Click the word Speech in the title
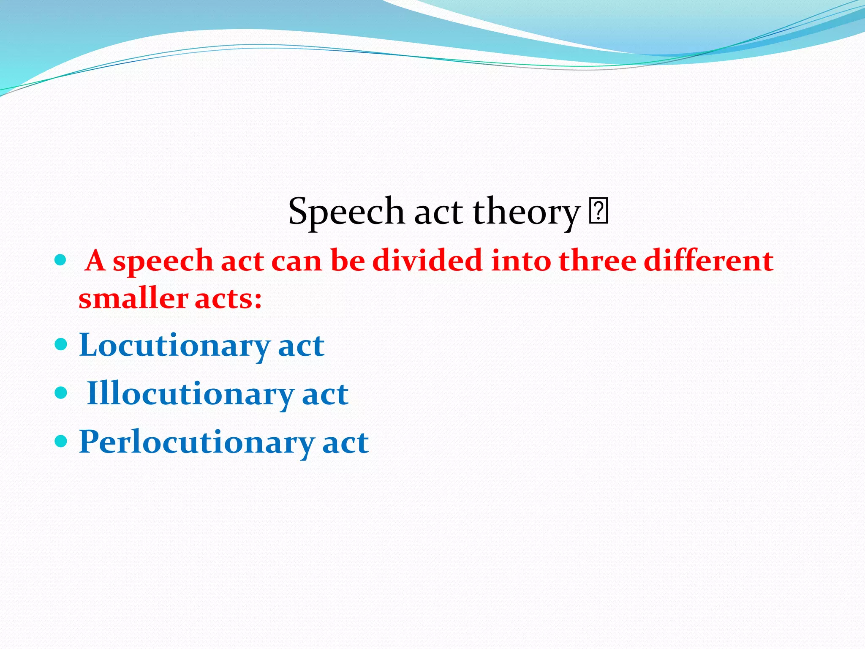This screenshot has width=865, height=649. [x=346, y=212]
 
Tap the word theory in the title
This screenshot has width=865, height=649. [x=526, y=212]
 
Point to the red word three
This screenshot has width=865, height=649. [x=597, y=260]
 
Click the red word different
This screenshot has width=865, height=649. [x=708, y=260]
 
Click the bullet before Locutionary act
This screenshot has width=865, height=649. [x=61, y=344]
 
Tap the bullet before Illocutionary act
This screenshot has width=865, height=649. [x=61, y=393]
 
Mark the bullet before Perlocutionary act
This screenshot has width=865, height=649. [x=61, y=442]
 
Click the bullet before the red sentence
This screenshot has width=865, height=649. [x=61, y=260]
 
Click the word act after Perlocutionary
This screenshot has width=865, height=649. [x=345, y=443]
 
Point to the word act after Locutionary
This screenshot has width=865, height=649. [x=301, y=346]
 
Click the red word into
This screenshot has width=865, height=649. [x=521, y=260]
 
